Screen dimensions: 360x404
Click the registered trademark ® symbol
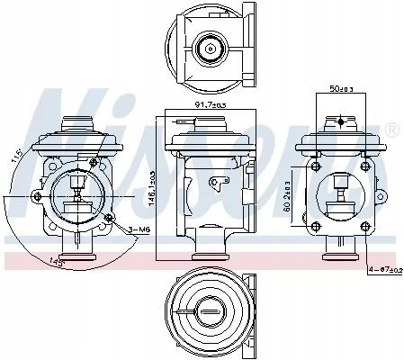[391, 131]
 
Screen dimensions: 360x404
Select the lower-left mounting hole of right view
[316, 221]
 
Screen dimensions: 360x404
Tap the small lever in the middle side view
[216, 184]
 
